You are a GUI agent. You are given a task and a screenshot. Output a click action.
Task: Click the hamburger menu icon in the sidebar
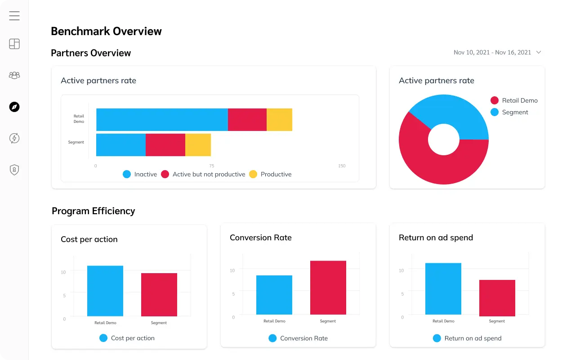pyautogui.click(x=14, y=16)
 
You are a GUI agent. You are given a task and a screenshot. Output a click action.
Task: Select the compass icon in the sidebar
pyautogui.click(x=14, y=107)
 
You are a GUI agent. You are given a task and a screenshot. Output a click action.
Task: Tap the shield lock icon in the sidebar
pyautogui.click(x=14, y=170)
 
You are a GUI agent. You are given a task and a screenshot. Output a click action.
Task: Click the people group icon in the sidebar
pyautogui.click(x=14, y=75)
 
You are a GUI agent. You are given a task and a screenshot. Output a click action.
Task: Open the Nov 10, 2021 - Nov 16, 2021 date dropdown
pyautogui.click(x=497, y=53)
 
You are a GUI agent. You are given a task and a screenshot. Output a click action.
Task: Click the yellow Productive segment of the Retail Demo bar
pyautogui.click(x=279, y=120)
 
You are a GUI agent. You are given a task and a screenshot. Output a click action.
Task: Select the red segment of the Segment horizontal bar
pyautogui.click(x=165, y=145)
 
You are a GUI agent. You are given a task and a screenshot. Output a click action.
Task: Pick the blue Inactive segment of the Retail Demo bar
pyautogui.click(x=162, y=120)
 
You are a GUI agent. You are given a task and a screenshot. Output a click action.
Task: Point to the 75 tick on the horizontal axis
pyautogui.click(x=211, y=166)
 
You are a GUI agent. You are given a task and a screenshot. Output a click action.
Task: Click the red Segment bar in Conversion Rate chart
pyautogui.click(x=328, y=288)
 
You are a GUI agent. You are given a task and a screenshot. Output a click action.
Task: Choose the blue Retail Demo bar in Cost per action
pyautogui.click(x=105, y=291)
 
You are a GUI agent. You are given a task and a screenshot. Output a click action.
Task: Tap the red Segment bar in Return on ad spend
pyautogui.click(x=497, y=298)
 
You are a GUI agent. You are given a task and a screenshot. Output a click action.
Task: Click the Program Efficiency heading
pyautogui.click(x=94, y=211)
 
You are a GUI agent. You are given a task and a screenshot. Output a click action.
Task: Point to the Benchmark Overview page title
pyautogui.click(x=106, y=31)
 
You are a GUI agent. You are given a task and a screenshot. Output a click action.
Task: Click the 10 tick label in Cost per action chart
pyautogui.click(x=63, y=272)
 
